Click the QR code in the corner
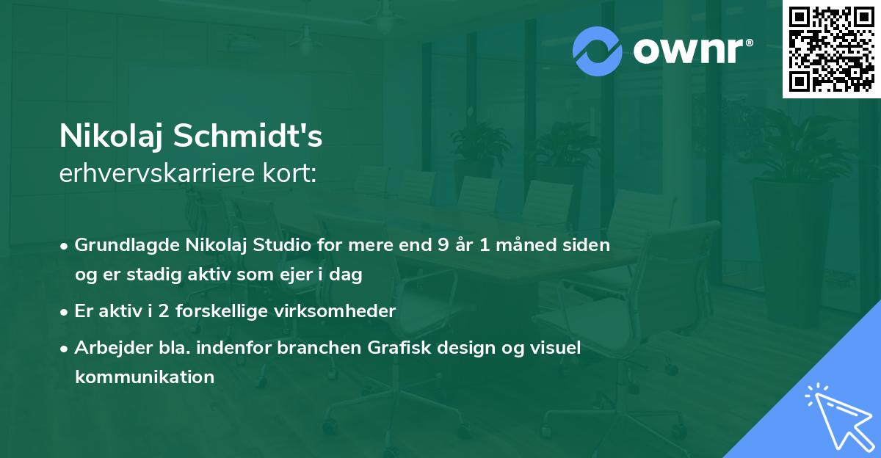pyautogui.click(x=831, y=49)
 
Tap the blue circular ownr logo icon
pyautogui.click(x=597, y=51)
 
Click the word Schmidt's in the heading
pyautogui.click(x=248, y=136)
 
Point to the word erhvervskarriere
pyautogui.click(x=157, y=173)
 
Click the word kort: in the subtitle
pyautogui.click(x=289, y=173)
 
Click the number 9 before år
pyautogui.click(x=443, y=245)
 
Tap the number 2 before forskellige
pyautogui.click(x=164, y=311)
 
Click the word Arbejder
pyautogui.click(x=113, y=348)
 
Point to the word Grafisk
pyautogui.click(x=399, y=347)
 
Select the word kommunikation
pyautogui.click(x=145, y=377)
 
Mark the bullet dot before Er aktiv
pyautogui.click(x=63, y=312)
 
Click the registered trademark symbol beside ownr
pyautogui.click(x=749, y=43)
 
